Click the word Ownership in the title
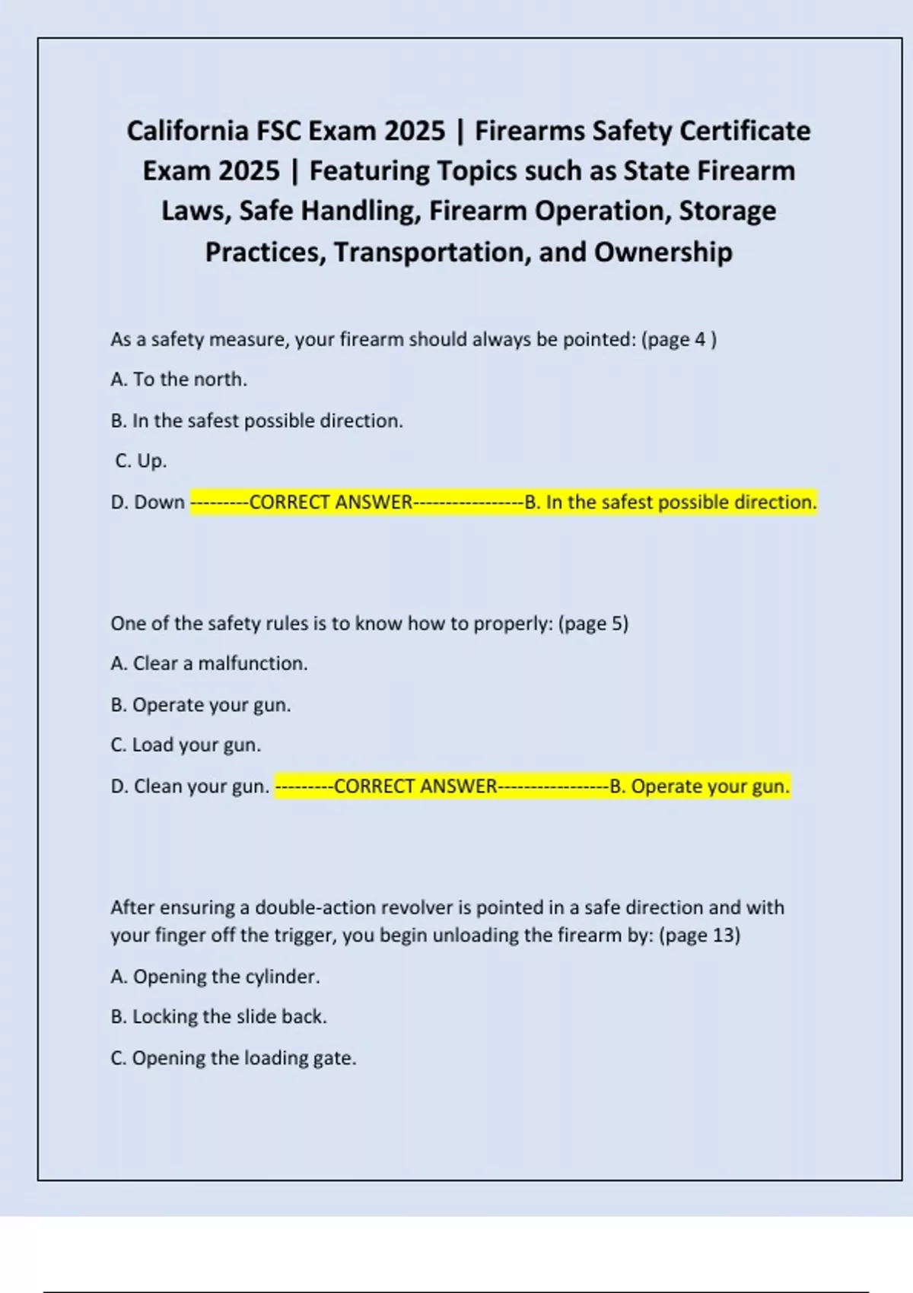663,252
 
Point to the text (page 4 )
679,339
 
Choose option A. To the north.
179,380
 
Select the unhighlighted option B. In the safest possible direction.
256,421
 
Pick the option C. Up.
141,461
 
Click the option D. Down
148,502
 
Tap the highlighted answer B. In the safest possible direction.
670,502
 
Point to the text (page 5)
593,624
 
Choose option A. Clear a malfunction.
209,663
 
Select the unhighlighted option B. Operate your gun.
201,705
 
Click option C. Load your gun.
186,745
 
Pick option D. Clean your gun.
190,786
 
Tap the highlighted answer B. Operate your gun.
699,786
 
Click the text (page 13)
699,935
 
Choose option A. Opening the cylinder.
215,977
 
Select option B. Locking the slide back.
218,1017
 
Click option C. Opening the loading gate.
234,1058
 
